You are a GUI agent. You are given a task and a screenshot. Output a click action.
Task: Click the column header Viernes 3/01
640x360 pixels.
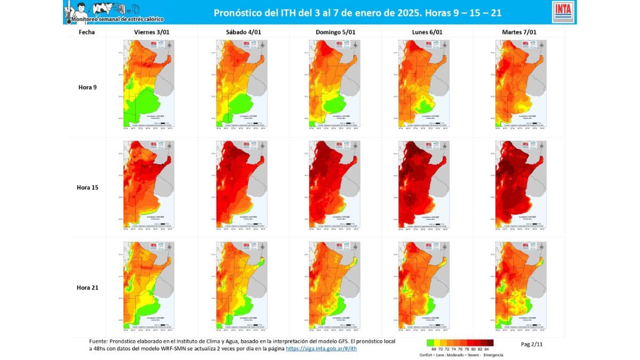click(x=152, y=32)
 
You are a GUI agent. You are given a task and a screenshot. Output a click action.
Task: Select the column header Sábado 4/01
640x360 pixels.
click(x=244, y=32)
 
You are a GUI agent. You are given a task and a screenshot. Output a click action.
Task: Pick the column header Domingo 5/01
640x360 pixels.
click(x=335, y=32)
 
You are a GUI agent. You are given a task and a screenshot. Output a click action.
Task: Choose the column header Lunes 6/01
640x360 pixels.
click(x=427, y=32)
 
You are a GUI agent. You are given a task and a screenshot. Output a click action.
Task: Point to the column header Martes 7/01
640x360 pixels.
click(x=519, y=32)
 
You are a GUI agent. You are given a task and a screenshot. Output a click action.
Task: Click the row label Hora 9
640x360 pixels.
click(x=87, y=87)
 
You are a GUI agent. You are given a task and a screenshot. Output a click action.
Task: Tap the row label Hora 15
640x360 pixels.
click(x=87, y=187)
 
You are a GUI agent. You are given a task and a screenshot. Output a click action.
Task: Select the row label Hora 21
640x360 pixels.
click(x=87, y=287)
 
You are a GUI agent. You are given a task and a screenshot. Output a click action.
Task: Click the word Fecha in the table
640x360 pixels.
click(x=86, y=32)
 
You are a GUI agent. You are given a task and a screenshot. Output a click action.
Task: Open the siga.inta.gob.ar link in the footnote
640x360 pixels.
click(x=321, y=349)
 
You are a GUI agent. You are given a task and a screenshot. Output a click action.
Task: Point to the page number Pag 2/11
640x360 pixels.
click(x=532, y=344)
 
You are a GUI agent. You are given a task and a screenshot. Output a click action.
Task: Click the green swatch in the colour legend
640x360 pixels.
click(x=430, y=343)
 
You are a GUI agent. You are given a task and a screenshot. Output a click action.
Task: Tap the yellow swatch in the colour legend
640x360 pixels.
click(x=437, y=343)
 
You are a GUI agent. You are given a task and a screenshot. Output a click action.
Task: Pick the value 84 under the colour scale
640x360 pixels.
click(x=486, y=349)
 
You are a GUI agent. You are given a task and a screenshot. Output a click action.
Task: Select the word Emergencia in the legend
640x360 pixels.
click(x=493, y=355)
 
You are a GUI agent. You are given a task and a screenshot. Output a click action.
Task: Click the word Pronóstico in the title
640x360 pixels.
click(x=238, y=12)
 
